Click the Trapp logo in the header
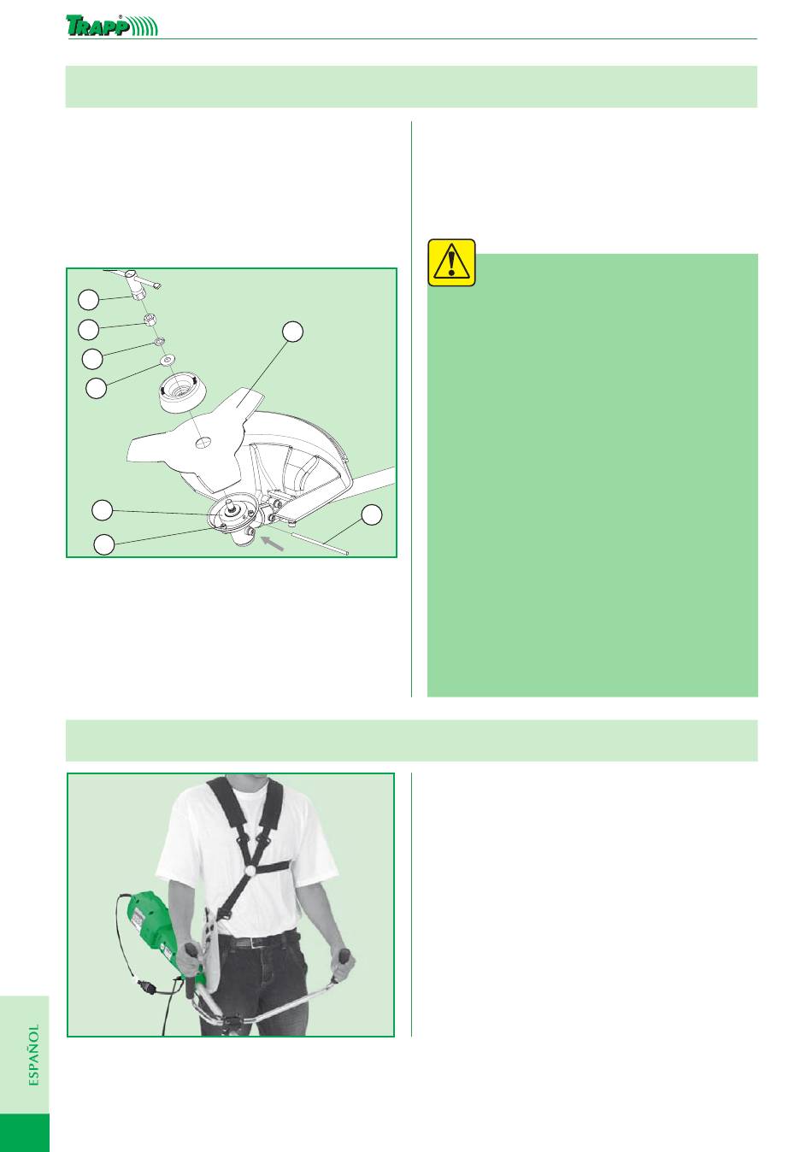(112, 25)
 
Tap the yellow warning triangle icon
(451, 262)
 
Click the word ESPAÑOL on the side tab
(34, 1055)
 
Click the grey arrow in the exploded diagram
(273, 543)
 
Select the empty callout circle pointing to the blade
(293, 332)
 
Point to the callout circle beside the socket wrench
(88, 300)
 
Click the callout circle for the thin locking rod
(371, 514)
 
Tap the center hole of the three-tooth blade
(204, 441)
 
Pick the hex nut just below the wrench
(150, 320)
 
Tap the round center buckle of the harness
(251, 871)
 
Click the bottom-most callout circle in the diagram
(104, 544)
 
